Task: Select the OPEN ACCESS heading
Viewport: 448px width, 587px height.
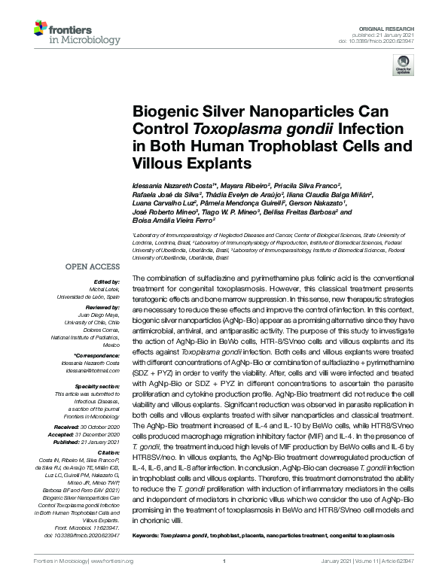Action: point(93,266)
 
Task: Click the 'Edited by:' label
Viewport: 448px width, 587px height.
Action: point(108,281)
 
